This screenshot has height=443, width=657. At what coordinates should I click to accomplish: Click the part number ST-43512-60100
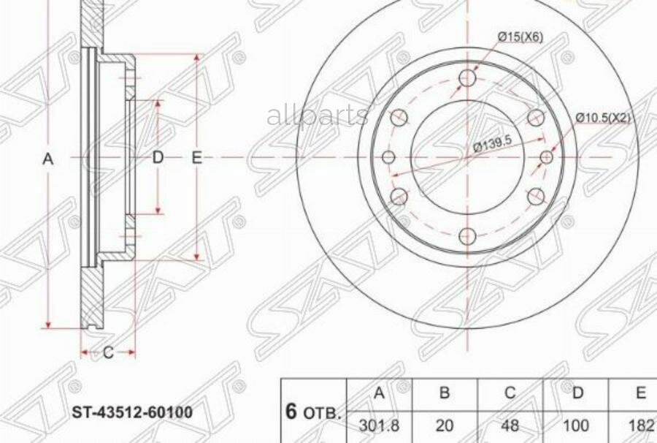[131, 412]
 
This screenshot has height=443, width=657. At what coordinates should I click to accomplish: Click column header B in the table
[445, 393]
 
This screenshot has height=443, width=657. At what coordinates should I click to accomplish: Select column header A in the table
[379, 393]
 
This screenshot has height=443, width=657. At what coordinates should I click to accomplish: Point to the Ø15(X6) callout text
[520, 37]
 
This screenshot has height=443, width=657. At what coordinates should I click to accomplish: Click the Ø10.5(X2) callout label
[602, 117]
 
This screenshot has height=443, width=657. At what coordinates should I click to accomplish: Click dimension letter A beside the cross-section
[48, 158]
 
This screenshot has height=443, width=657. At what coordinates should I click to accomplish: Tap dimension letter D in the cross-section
[158, 157]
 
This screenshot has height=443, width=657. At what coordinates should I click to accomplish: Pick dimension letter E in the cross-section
[196, 157]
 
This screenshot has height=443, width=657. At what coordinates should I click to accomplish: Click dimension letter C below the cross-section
[108, 353]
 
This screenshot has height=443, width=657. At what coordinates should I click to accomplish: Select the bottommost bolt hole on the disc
[468, 235]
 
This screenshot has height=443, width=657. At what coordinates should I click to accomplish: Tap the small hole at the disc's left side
[388, 157]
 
